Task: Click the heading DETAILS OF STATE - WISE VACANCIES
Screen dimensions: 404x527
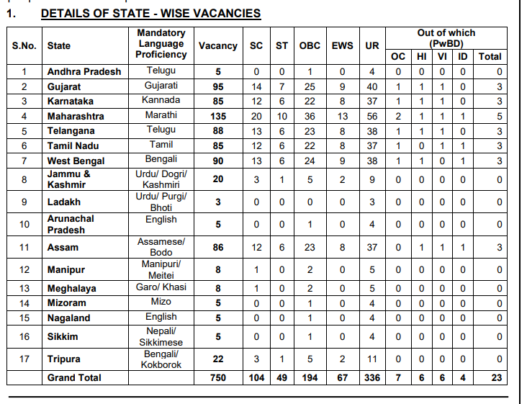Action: [x=150, y=14]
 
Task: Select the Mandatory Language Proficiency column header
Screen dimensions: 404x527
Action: [x=161, y=44]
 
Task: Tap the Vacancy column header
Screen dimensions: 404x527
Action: [x=217, y=45]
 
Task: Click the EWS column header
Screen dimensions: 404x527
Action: [x=342, y=45]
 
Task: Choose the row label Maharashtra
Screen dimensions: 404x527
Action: [x=76, y=116]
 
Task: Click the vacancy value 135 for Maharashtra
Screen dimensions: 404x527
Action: [x=217, y=116]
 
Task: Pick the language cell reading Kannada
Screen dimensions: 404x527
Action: [x=161, y=100]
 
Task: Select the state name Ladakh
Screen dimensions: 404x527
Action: [x=64, y=202]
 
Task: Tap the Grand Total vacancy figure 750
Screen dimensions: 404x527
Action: [x=217, y=377]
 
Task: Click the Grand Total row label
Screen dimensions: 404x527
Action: [x=74, y=377]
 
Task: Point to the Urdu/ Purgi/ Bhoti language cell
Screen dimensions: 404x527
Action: [x=161, y=202]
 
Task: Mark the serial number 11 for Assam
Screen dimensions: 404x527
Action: [x=24, y=247]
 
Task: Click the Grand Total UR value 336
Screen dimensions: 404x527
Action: [x=372, y=377]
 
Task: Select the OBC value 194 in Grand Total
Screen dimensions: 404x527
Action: [x=310, y=377]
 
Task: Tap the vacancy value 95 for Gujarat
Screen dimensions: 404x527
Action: [x=217, y=86]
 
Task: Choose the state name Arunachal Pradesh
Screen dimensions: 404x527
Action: [x=71, y=224]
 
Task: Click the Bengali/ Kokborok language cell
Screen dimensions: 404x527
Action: [x=161, y=359]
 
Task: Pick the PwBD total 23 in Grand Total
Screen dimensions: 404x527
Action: [x=495, y=377]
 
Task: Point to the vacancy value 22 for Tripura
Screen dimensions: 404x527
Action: [x=217, y=359]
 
